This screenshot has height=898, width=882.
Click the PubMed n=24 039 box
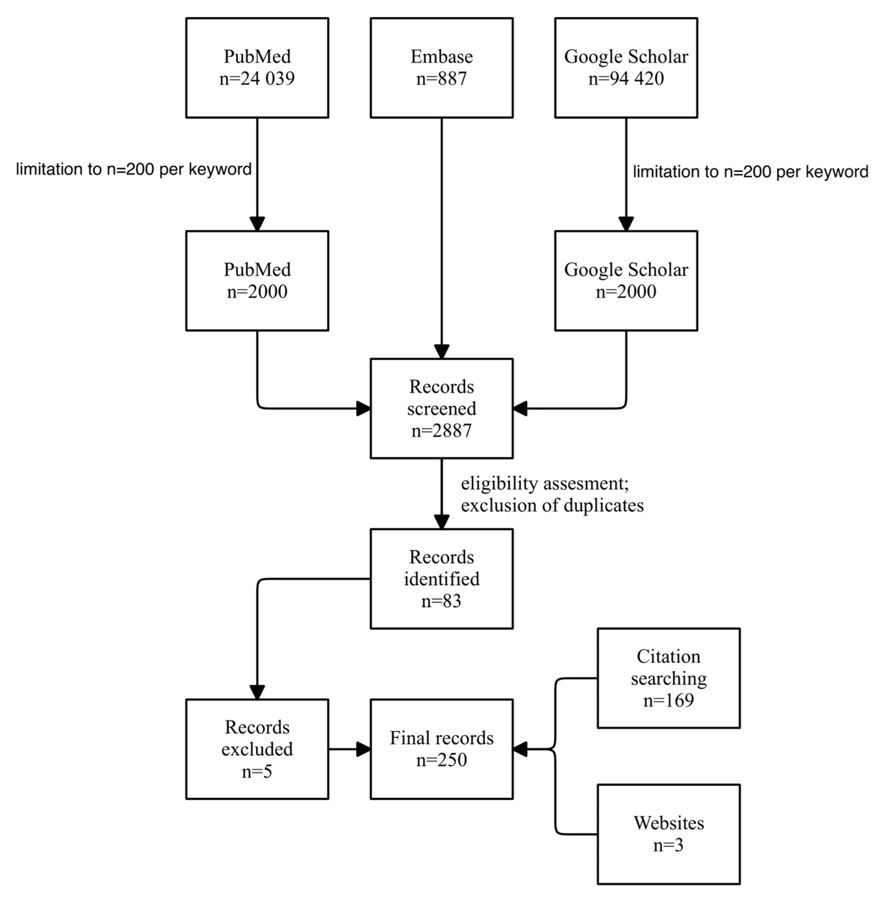click(257, 68)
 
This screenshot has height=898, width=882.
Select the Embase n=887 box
click(441, 68)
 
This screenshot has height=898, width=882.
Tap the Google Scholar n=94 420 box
click(626, 68)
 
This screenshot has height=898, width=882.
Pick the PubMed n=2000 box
click(257, 281)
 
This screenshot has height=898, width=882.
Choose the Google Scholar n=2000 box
click(626, 281)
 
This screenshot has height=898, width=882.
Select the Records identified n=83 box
click(441, 579)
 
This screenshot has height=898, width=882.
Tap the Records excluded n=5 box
click(257, 749)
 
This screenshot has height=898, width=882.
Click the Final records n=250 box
click(441, 749)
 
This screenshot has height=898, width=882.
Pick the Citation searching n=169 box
click(669, 678)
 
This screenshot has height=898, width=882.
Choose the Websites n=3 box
click(669, 834)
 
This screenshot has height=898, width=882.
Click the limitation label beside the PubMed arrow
click(133, 169)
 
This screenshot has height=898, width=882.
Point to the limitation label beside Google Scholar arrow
click(751, 172)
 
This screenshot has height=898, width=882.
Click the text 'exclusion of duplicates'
click(552, 506)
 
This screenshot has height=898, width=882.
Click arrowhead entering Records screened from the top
click(441, 352)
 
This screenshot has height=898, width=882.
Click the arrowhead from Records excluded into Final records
click(363, 749)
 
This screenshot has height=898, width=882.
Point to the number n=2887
click(441, 431)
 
